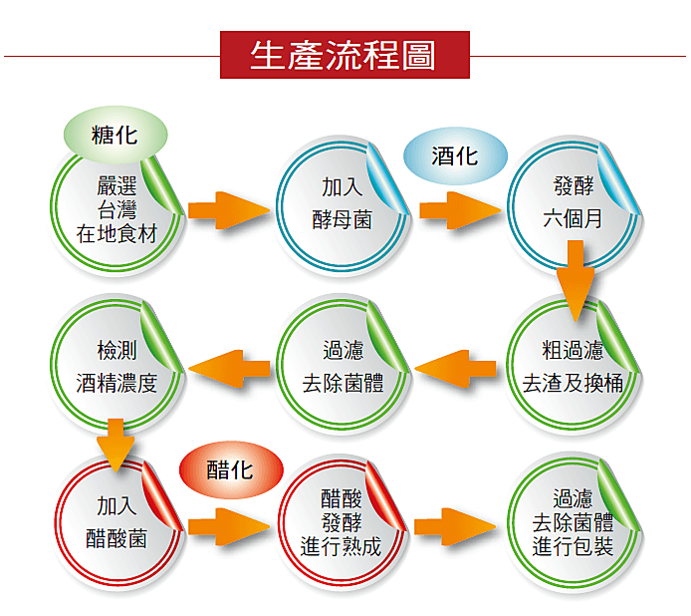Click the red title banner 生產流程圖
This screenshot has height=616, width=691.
[x=344, y=55]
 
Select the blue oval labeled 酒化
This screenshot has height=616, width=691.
[x=455, y=157]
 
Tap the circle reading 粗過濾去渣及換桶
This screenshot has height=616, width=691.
[x=573, y=367]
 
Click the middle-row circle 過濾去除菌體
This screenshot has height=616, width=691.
[x=343, y=367]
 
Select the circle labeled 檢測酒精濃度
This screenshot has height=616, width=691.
[x=116, y=367]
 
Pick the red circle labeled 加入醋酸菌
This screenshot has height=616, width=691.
[x=116, y=525]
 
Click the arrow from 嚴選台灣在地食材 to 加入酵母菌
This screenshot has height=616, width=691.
[x=229, y=210]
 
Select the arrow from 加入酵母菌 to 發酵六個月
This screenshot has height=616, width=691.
[x=459, y=210]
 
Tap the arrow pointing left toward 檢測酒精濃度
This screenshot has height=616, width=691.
[x=229, y=368]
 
